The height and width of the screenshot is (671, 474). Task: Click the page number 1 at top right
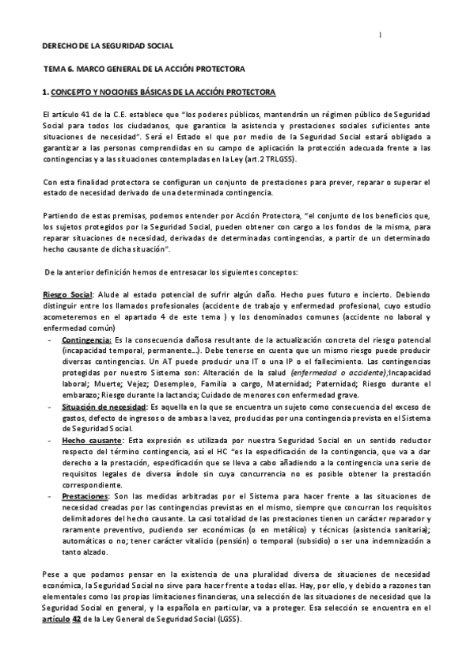point(380,34)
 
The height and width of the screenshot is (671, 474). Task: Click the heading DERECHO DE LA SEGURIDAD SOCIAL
point(108,47)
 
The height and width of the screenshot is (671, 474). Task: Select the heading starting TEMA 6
point(144,70)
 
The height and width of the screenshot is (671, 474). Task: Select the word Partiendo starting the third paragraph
point(61,215)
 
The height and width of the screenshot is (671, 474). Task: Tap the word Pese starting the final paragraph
point(51,573)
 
